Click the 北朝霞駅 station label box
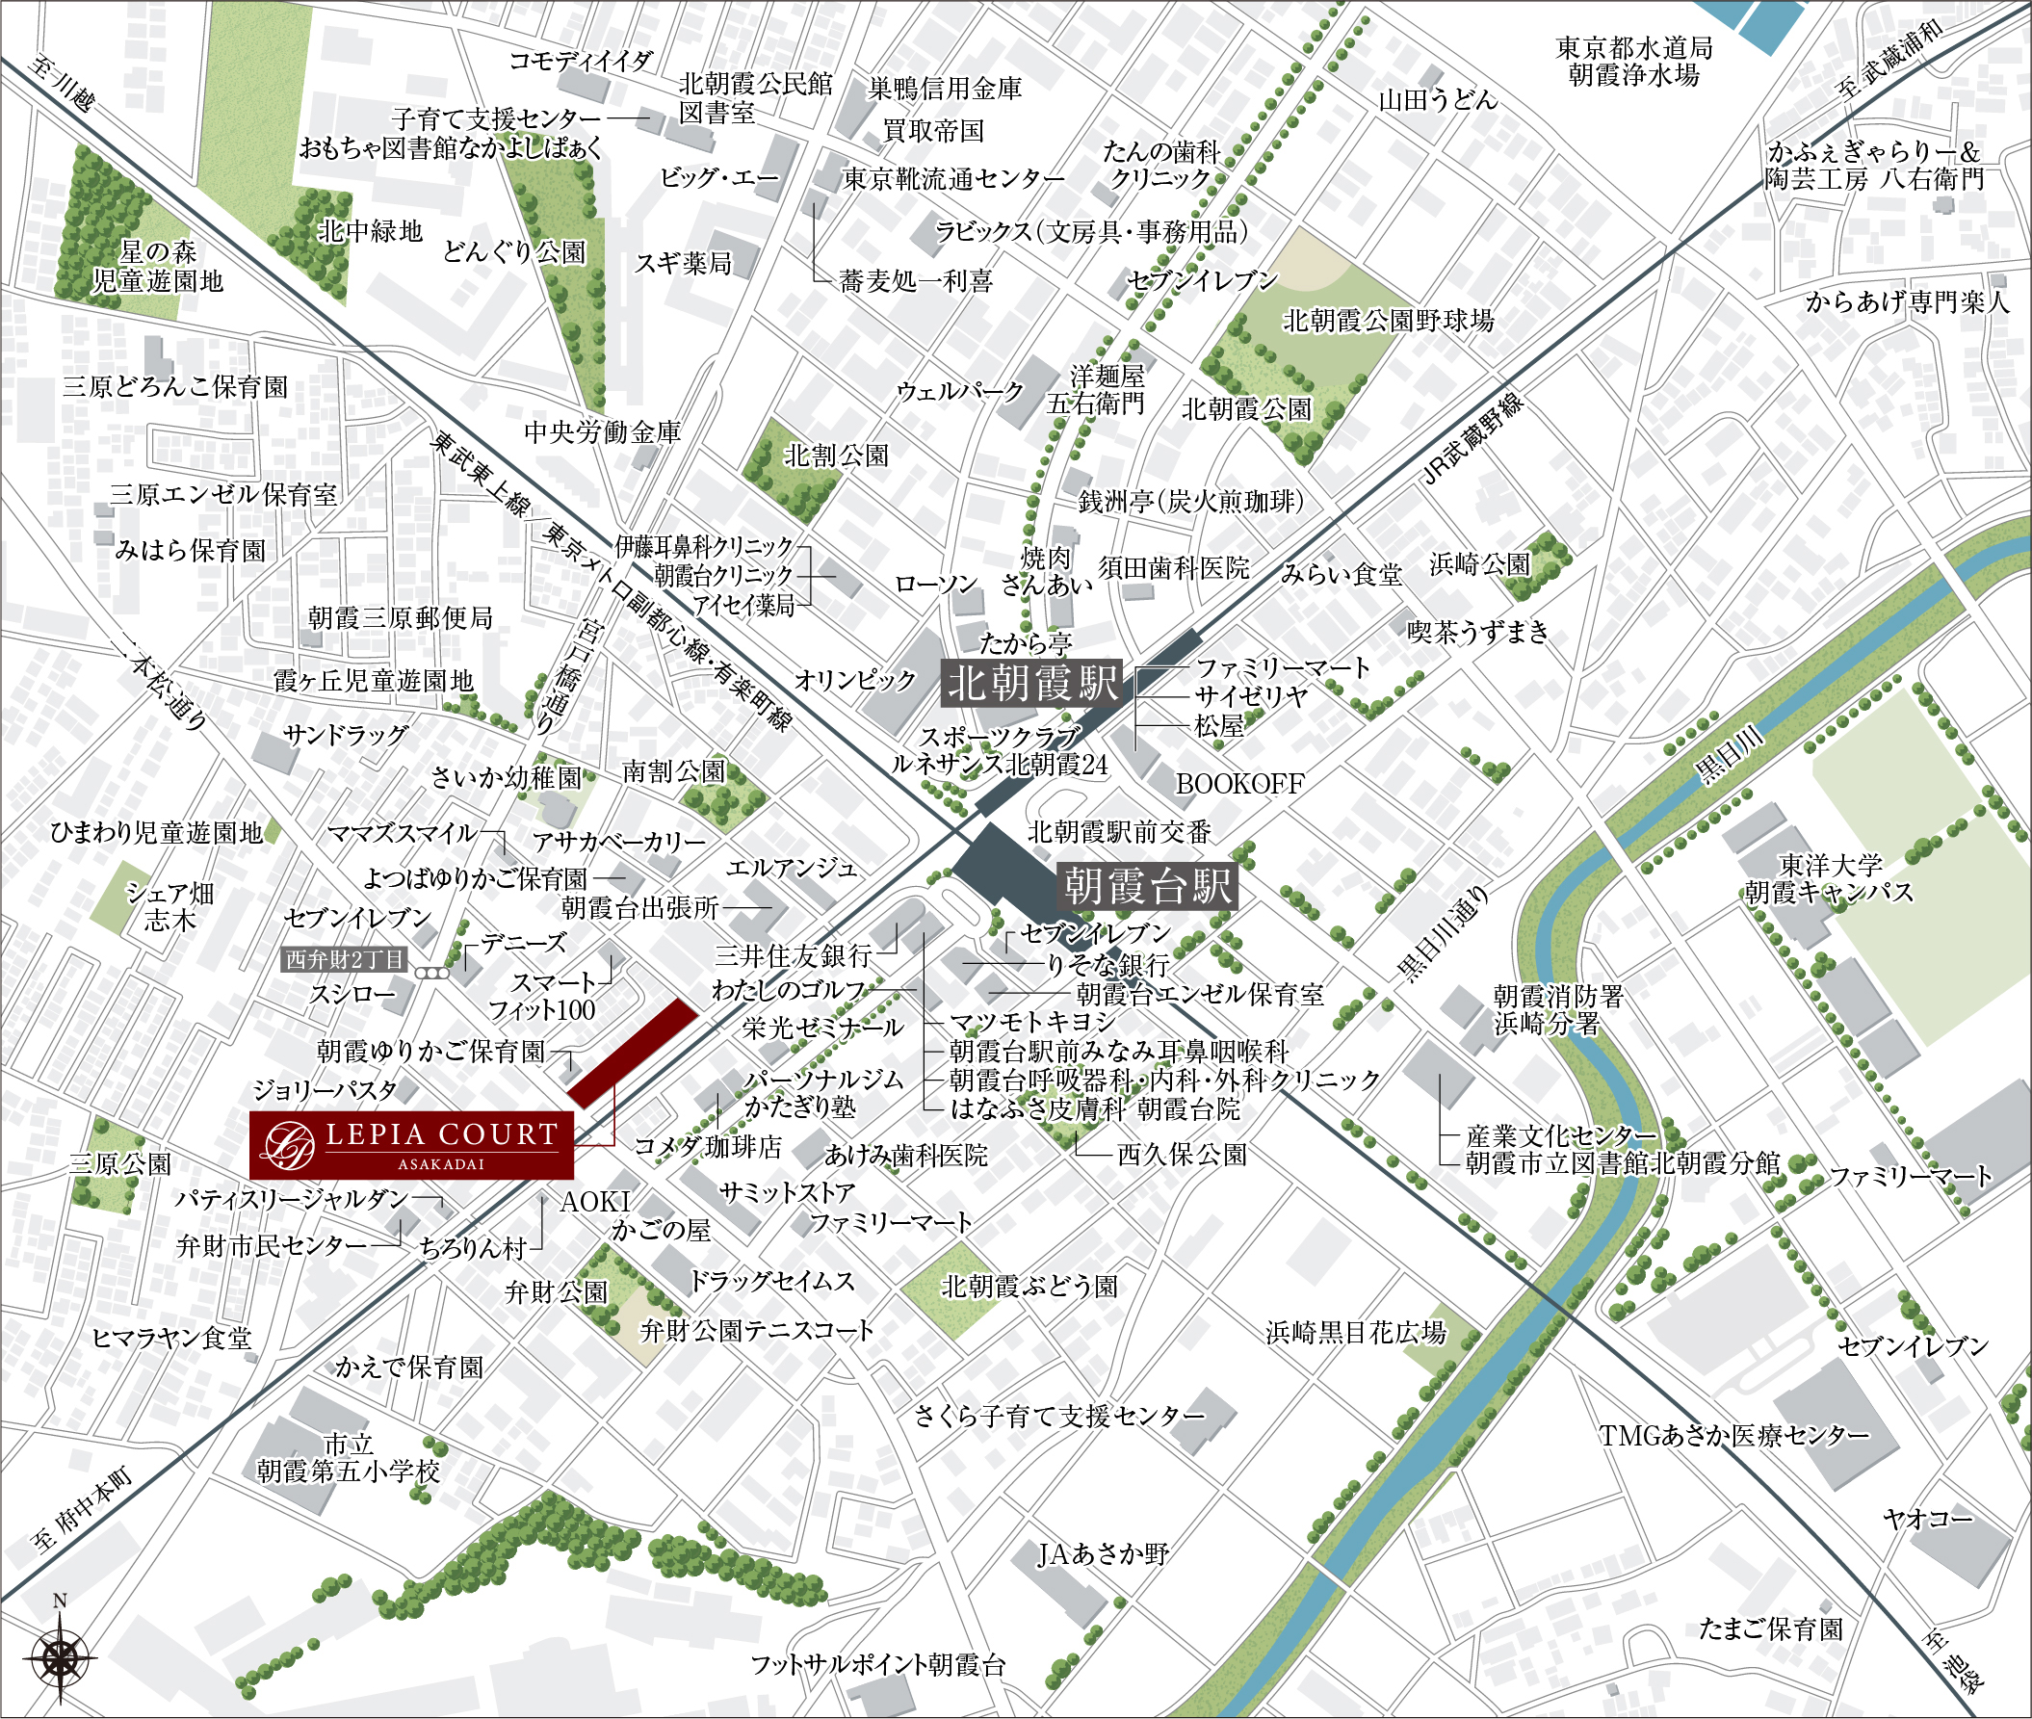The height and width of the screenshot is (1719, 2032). click(1032, 683)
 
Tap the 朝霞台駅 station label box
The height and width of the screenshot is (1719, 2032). click(1147, 886)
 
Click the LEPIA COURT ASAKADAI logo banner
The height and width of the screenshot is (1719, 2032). click(411, 1144)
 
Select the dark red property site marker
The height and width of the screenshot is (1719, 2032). click(633, 1053)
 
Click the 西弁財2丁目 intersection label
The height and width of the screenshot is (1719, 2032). click(344, 959)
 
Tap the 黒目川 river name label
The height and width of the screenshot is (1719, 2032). click(1730, 756)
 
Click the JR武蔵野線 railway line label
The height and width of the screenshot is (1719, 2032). click(1472, 439)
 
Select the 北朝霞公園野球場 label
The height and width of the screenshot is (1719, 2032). click(1388, 320)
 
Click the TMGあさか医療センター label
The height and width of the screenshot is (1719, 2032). click(1733, 1435)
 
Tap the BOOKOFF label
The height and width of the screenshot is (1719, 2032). click(1238, 784)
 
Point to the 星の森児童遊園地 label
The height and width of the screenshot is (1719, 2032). click(158, 267)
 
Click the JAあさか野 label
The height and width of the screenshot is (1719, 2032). click(1103, 1553)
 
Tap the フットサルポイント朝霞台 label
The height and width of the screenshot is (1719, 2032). click(877, 1664)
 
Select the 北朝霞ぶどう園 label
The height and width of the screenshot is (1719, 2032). click(1029, 1287)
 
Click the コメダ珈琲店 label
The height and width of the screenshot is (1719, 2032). click(708, 1146)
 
